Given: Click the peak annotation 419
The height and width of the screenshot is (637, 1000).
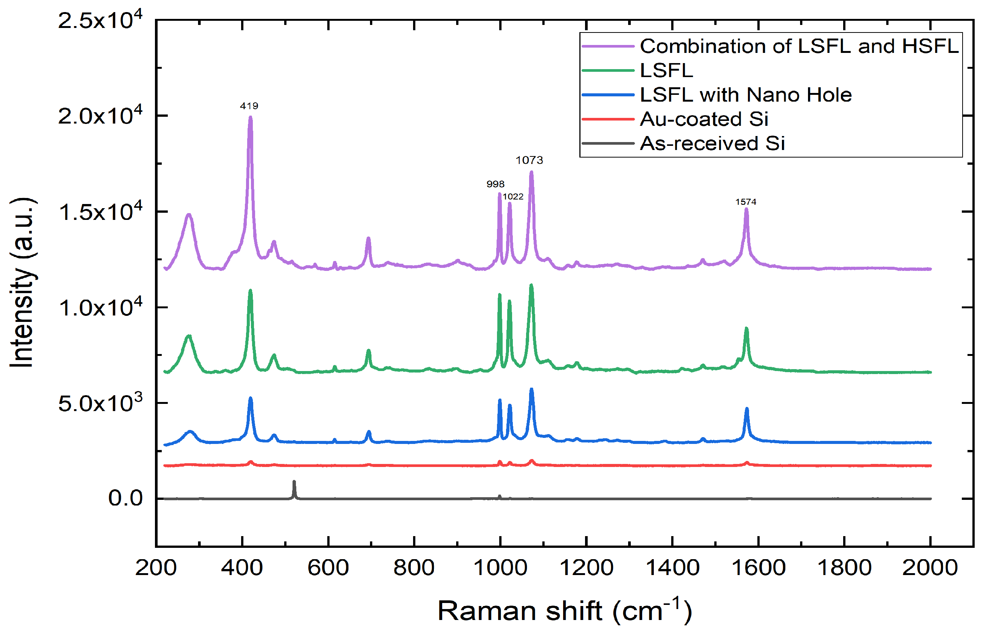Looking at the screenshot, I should (249, 106).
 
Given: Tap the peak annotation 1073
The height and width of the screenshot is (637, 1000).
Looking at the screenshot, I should (529, 160).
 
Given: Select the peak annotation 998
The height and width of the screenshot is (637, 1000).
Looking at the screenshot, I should (495, 184).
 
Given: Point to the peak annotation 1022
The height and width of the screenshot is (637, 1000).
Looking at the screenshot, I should (513, 196).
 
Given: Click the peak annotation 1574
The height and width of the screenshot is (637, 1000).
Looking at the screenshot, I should (746, 202).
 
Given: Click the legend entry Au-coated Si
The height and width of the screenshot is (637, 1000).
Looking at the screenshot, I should (704, 119).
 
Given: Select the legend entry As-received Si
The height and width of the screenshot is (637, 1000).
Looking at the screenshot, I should (713, 144).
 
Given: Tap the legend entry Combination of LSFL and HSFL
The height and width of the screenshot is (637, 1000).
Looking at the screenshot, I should (799, 46).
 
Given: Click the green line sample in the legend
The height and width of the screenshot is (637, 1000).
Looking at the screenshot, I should (608, 71).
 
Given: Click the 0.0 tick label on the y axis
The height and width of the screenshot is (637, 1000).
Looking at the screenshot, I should (125, 498).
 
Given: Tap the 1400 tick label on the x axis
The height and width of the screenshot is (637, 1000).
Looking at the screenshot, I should (672, 567).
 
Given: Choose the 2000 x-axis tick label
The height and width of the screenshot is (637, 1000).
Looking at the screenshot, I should (930, 567).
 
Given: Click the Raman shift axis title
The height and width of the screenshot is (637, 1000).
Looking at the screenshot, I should (565, 611).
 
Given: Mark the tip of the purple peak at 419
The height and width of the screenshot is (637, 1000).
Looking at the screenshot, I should (251, 117).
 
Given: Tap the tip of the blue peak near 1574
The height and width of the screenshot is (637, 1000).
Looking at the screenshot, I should (747, 409).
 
